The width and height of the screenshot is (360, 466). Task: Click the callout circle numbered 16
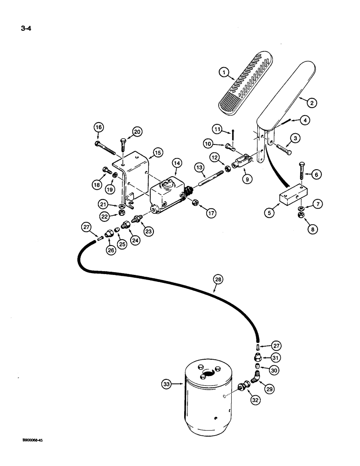coord(98,127)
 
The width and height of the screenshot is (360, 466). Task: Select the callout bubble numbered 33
coord(166,384)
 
